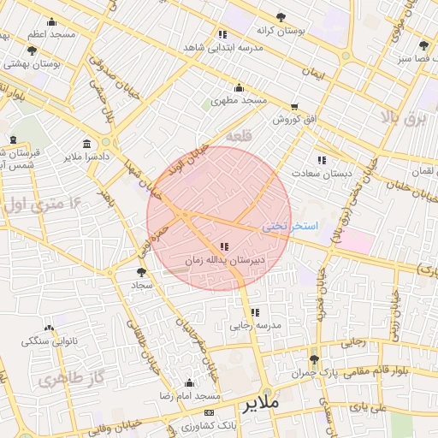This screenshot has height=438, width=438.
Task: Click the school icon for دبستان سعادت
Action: (322, 160)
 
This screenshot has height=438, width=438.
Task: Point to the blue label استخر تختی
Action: (290, 226)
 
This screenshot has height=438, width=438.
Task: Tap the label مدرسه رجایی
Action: (251, 325)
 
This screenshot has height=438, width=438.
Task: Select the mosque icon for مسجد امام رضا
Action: (190, 383)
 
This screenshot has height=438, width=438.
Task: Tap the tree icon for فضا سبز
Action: (423, 45)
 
